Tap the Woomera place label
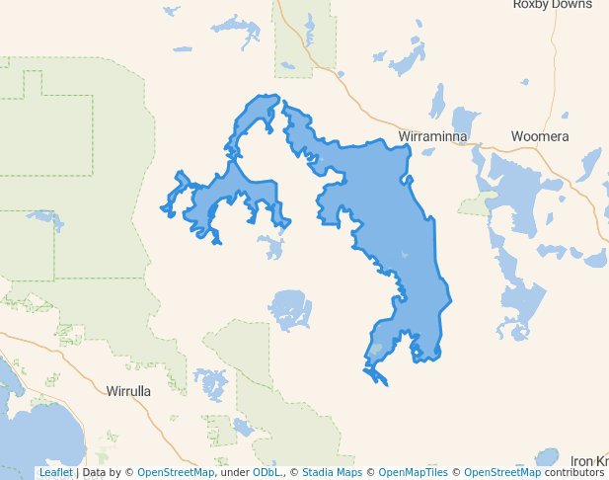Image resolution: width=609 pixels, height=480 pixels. click(x=539, y=136)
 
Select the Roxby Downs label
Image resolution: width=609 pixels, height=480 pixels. click(x=552, y=5)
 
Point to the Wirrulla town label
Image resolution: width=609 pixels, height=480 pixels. click(x=128, y=391)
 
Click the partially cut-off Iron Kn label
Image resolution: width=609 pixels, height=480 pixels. click(x=589, y=461)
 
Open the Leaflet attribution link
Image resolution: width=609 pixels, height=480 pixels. click(x=55, y=473)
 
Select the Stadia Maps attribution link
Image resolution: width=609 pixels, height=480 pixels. click(x=332, y=473)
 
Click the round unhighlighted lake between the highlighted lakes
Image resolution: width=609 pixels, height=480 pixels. click(x=290, y=309)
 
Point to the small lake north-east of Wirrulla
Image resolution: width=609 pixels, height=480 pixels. click(x=210, y=382)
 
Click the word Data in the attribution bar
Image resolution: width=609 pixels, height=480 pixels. click(x=95, y=473)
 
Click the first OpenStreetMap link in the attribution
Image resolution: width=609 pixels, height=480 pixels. click(x=176, y=473)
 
